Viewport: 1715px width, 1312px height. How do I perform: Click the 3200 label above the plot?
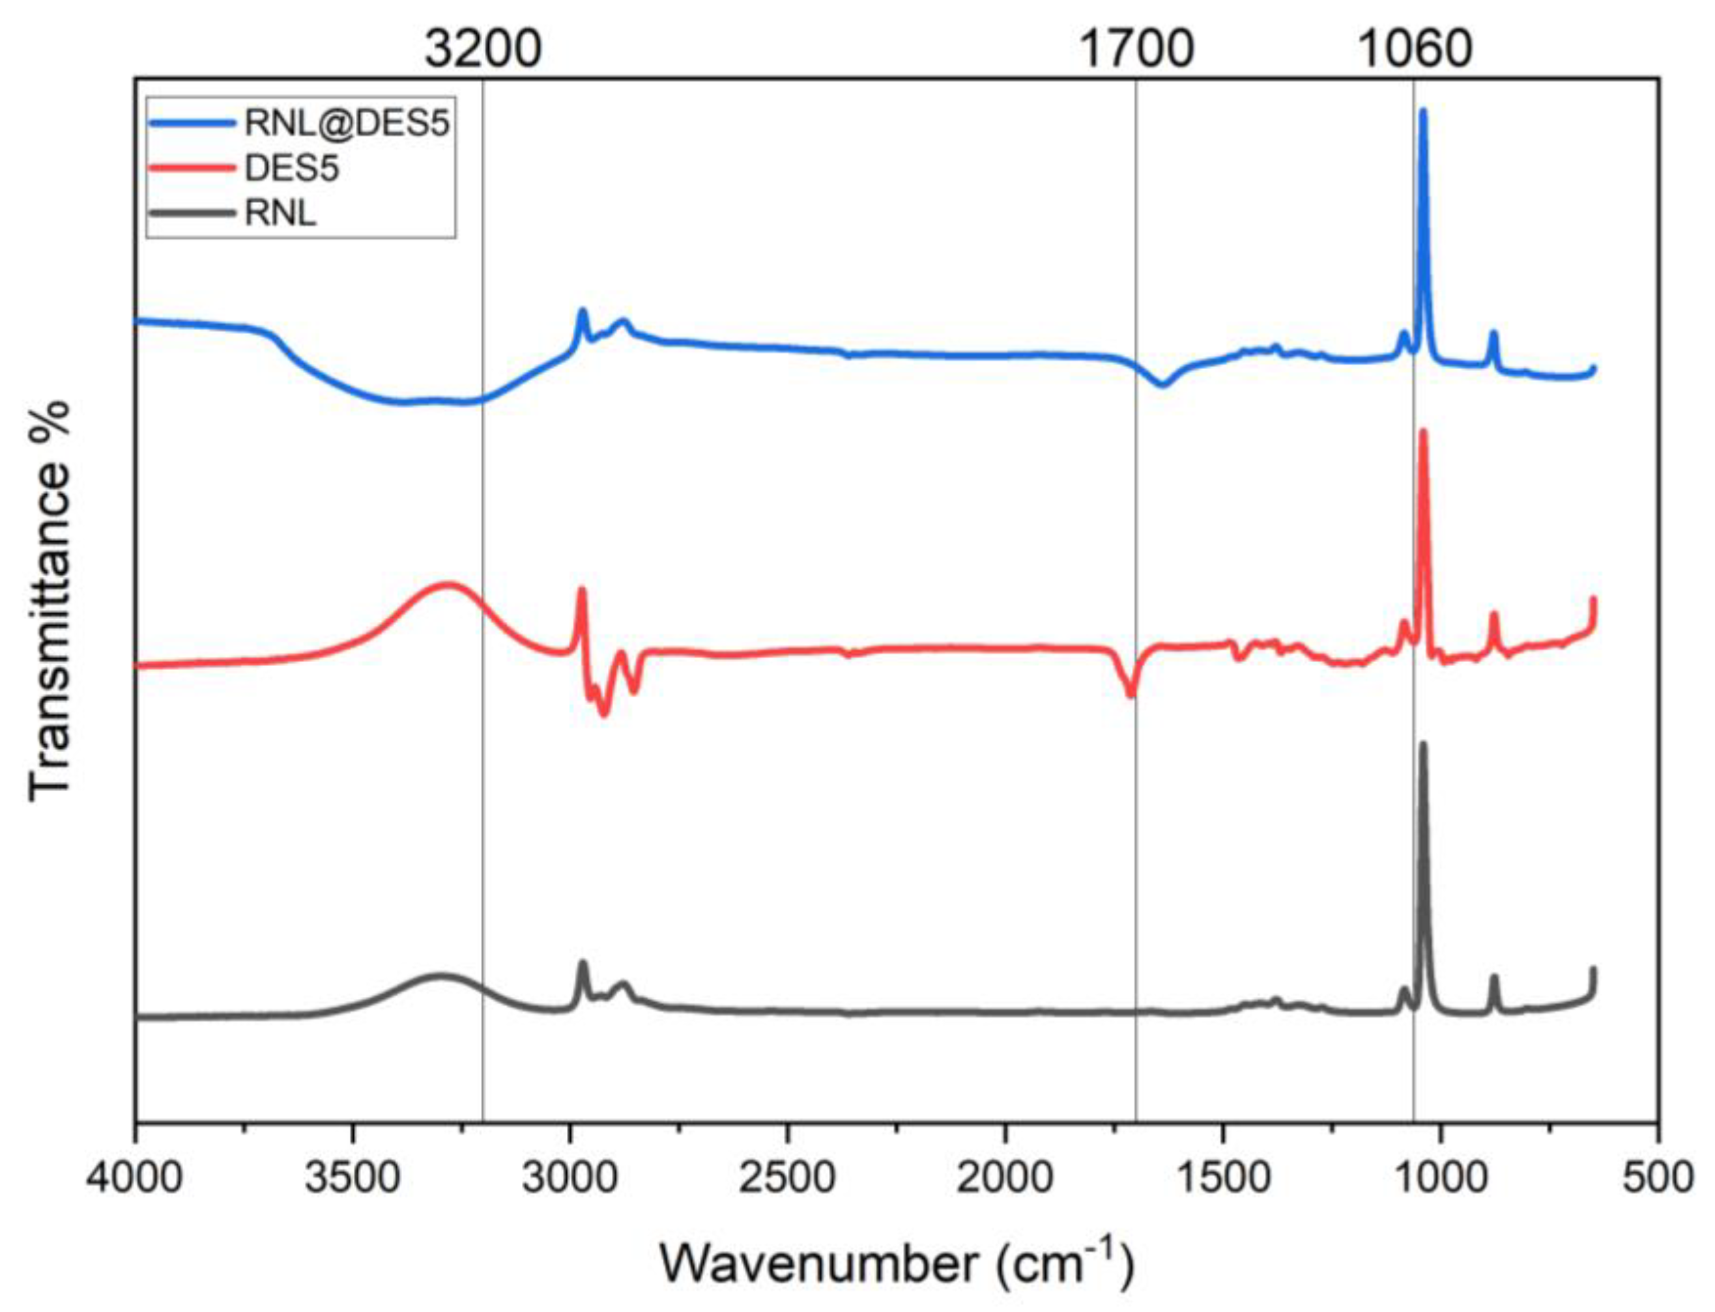tap(483, 50)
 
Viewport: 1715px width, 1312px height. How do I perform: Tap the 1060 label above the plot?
tap(1415, 50)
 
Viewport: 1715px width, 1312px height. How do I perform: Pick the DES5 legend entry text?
tap(291, 168)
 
